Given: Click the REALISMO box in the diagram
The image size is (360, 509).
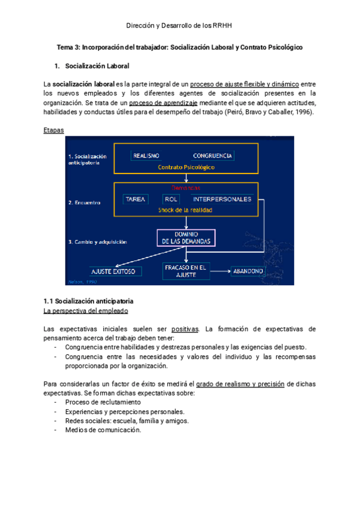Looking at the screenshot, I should (x=146, y=155).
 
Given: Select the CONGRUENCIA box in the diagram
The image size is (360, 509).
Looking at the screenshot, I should (x=212, y=155).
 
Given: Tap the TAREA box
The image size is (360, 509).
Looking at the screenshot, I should (x=135, y=199).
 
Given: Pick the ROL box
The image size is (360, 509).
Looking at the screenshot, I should (x=172, y=199).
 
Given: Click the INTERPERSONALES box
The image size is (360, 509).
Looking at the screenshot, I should (x=222, y=199).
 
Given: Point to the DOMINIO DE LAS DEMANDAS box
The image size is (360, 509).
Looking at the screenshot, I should (x=186, y=238).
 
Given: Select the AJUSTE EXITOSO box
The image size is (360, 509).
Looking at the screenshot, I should (x=116, y=271).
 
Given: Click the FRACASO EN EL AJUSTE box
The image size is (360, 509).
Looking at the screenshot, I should (x=186, y=271).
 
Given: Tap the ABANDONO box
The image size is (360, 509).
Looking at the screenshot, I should (x=248, y=271).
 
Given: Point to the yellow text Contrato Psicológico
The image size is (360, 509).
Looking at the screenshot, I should (x=187, y=167).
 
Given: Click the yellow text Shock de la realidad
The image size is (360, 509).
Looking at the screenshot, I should (x=186, y=210).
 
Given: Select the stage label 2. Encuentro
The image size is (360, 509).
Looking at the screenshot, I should (x=85, y=203).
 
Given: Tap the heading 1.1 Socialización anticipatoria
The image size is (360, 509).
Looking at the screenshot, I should (x=89, y=300).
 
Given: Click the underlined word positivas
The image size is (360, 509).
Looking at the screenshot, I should (x=186, y=328).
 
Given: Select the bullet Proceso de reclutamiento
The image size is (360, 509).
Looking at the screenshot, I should (x=103, y=402).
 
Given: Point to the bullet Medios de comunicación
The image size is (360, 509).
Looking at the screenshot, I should (x=103, y=429).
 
